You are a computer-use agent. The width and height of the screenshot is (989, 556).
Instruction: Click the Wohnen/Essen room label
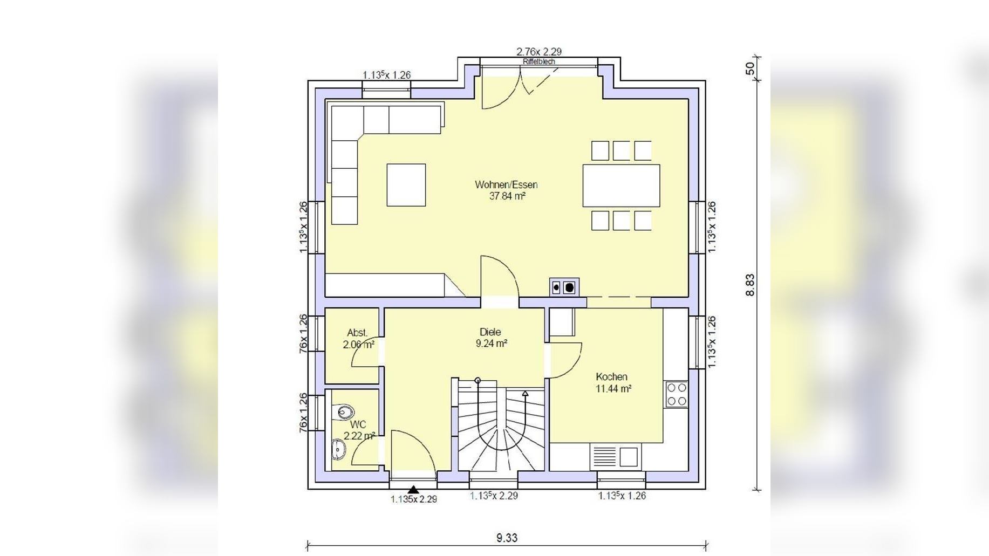[506, 184]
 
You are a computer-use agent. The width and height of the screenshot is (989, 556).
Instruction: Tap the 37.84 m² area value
[507, 196]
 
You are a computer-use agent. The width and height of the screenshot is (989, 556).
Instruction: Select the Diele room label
[490, 332]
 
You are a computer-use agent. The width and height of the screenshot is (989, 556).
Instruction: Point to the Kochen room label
[611, 376]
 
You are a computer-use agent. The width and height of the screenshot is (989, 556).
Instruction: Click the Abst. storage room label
[357, 333]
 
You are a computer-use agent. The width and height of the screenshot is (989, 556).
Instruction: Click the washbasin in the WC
[338, 449]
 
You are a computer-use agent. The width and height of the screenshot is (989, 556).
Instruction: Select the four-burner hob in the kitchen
[677, 394]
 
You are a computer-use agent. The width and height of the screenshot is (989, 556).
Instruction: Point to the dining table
[621, 186]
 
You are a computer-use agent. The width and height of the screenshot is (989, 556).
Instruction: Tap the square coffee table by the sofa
[406, 185]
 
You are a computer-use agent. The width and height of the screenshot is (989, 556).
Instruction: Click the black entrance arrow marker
[413, 490]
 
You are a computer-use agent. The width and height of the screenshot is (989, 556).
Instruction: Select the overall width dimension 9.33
[507, 538]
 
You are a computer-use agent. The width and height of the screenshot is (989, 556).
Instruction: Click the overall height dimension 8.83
[750, 285]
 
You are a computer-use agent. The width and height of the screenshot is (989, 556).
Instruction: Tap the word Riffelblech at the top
[538, 61]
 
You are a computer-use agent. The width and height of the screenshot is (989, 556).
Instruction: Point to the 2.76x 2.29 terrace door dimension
[539, 52]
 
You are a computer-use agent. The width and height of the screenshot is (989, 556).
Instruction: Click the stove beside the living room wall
[564, 287]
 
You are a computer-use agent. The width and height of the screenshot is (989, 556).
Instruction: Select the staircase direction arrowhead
[525, 394]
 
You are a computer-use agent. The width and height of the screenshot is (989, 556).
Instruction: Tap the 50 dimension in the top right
[750, 69]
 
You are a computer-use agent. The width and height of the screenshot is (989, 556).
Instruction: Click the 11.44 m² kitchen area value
[613, 388]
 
